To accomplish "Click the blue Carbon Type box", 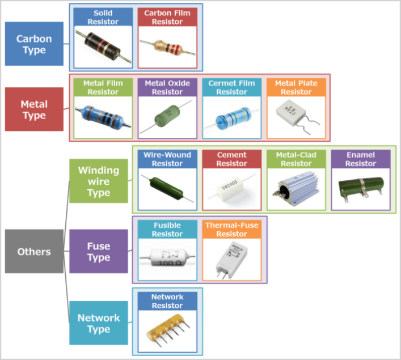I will pos(33,45).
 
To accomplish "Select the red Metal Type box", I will pos(33,109).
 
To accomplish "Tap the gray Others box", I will pos(33,251).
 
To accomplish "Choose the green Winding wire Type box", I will pos(98,181).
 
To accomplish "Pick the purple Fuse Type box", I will pos(98,251).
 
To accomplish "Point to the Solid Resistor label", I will pos(103,18).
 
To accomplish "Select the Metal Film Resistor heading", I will pos(103,88).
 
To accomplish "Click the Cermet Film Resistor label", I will pos(231,88).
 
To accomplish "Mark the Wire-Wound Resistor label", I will pos(167,159).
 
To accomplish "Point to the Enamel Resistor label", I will pos(360,159).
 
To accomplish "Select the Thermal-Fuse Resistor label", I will pos(231,230).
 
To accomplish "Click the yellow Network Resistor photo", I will pos(167,331).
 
